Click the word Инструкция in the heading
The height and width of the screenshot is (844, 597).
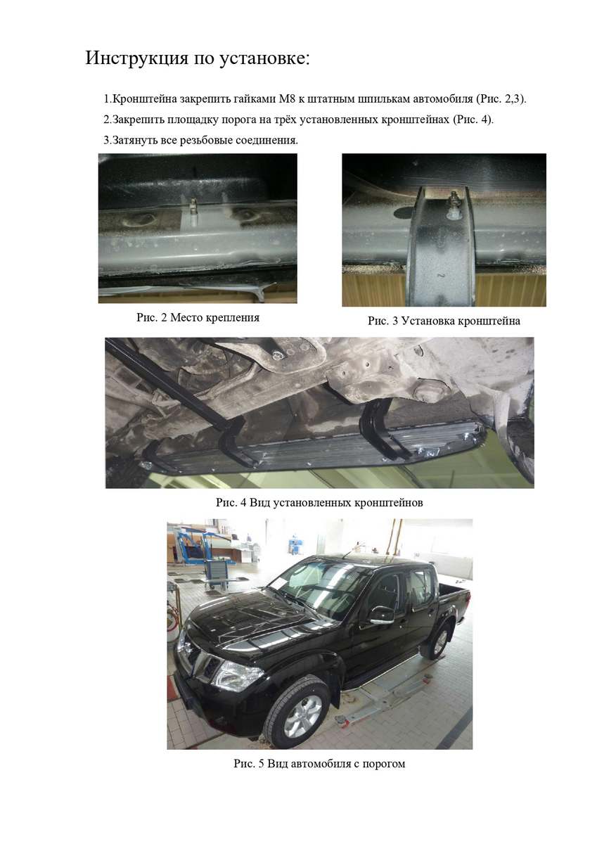tap(136, 58)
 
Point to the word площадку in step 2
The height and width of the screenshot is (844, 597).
tap(194, 120)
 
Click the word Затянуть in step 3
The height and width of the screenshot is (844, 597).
tap(135, 141)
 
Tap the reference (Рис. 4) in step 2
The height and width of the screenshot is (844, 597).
tap(473, 120)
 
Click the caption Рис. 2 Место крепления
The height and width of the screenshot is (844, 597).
tap(198, 317)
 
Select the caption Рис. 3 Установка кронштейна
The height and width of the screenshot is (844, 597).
tap(444, 321)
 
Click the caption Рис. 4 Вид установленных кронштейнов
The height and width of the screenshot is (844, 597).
tap(319, 502)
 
